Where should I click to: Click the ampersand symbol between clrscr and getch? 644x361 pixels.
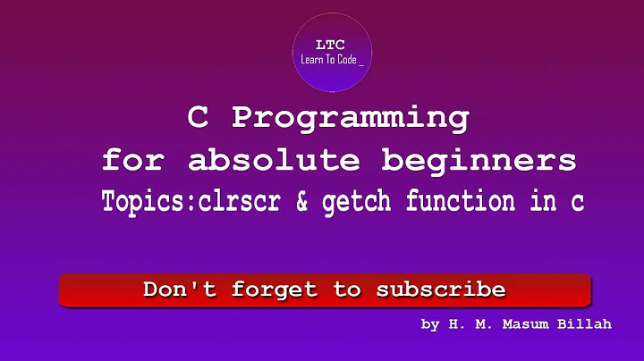pyautogui.click(x=304, y=202)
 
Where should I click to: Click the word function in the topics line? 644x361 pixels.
pyautogui.click(x=466, y=202)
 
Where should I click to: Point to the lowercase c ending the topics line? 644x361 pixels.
pyautogui.click(x=578, y=203)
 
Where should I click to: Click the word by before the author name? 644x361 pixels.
pyautogui.click(x=430, y=324)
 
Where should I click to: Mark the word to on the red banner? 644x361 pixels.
pyautogui.click(x=348, y=290)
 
